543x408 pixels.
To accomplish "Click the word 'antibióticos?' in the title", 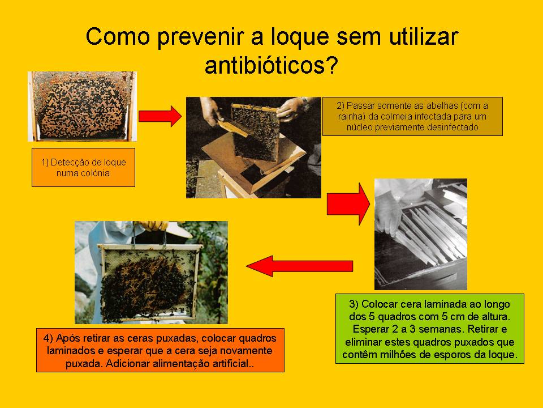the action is tap(271, 66).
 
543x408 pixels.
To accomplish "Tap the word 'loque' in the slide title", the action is tap(299, 36).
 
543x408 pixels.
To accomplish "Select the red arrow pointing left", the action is tap(300, 266).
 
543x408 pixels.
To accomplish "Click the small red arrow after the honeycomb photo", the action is tap(160, 116).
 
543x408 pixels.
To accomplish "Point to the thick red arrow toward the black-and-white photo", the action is tap(348, 204).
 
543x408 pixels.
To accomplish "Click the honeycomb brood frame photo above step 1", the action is tap(83, 106).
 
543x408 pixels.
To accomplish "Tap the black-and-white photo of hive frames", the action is tap(421, 234).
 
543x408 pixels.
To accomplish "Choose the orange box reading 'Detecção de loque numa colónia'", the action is tap(84, 168).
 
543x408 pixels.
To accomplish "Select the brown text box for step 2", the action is tap(412, 116).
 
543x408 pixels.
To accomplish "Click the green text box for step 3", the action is tap(430, 329).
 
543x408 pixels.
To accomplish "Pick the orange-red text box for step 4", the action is tap(160, 350).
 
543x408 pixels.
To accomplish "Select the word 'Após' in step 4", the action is tap(65, 338).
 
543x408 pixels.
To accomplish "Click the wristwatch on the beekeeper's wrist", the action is tap(305, 102).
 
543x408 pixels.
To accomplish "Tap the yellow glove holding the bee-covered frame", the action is tap(153, 226).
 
